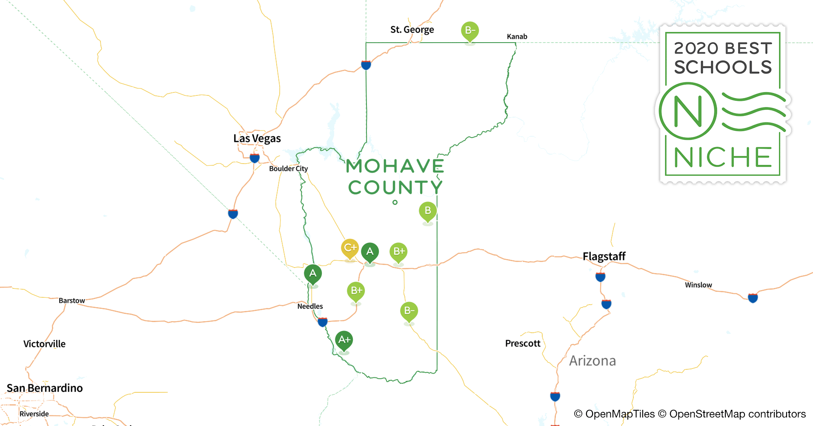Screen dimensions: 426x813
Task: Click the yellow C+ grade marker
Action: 350,248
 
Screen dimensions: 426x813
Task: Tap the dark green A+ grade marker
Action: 344,340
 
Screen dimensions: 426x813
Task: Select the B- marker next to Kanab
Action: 470,31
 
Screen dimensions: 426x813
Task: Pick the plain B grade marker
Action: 428,211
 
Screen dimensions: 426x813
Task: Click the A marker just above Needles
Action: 313,273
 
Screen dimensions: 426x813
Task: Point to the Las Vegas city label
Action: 257,138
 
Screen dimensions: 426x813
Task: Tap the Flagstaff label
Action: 604,256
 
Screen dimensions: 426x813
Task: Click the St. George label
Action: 412,30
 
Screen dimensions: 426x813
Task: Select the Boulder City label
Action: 288,169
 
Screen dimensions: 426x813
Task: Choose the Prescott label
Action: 523,343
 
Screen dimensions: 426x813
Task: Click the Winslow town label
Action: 698,285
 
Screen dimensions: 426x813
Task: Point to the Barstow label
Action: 72,301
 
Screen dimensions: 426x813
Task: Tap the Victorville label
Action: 44,344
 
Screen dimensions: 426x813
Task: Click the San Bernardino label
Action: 45,388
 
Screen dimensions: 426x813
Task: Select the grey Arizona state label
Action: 593,361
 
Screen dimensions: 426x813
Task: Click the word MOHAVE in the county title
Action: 395,166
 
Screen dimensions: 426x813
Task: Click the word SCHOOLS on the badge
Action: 723,67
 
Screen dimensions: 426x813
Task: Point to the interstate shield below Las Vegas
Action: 255,158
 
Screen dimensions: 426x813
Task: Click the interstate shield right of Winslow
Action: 753,298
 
